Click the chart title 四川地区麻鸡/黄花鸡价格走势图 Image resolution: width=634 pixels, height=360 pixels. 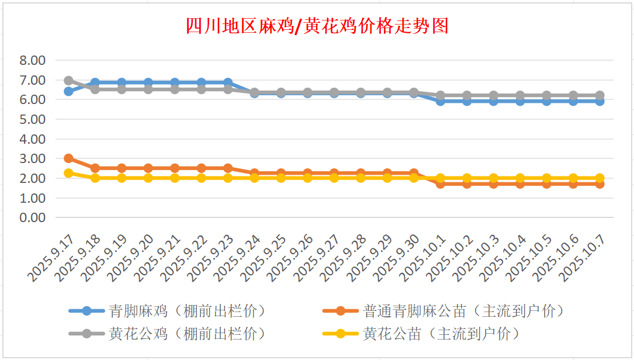317,26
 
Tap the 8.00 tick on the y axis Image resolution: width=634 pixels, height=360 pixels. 32,60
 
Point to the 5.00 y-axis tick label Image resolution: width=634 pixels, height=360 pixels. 32,119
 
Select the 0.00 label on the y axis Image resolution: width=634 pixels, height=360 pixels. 32,217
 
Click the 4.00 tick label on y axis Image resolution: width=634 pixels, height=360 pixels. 32,139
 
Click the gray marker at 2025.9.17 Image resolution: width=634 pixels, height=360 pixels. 68,81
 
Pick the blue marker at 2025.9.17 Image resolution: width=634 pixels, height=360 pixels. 68,91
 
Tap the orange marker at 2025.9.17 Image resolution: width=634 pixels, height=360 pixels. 68,158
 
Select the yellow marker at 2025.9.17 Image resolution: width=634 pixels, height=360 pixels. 68,173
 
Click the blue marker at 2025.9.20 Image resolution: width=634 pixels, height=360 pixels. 148,82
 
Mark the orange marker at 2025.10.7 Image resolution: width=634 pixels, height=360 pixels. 600,184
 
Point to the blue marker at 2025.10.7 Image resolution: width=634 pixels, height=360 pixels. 600,101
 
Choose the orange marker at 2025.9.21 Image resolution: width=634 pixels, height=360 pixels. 175,168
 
